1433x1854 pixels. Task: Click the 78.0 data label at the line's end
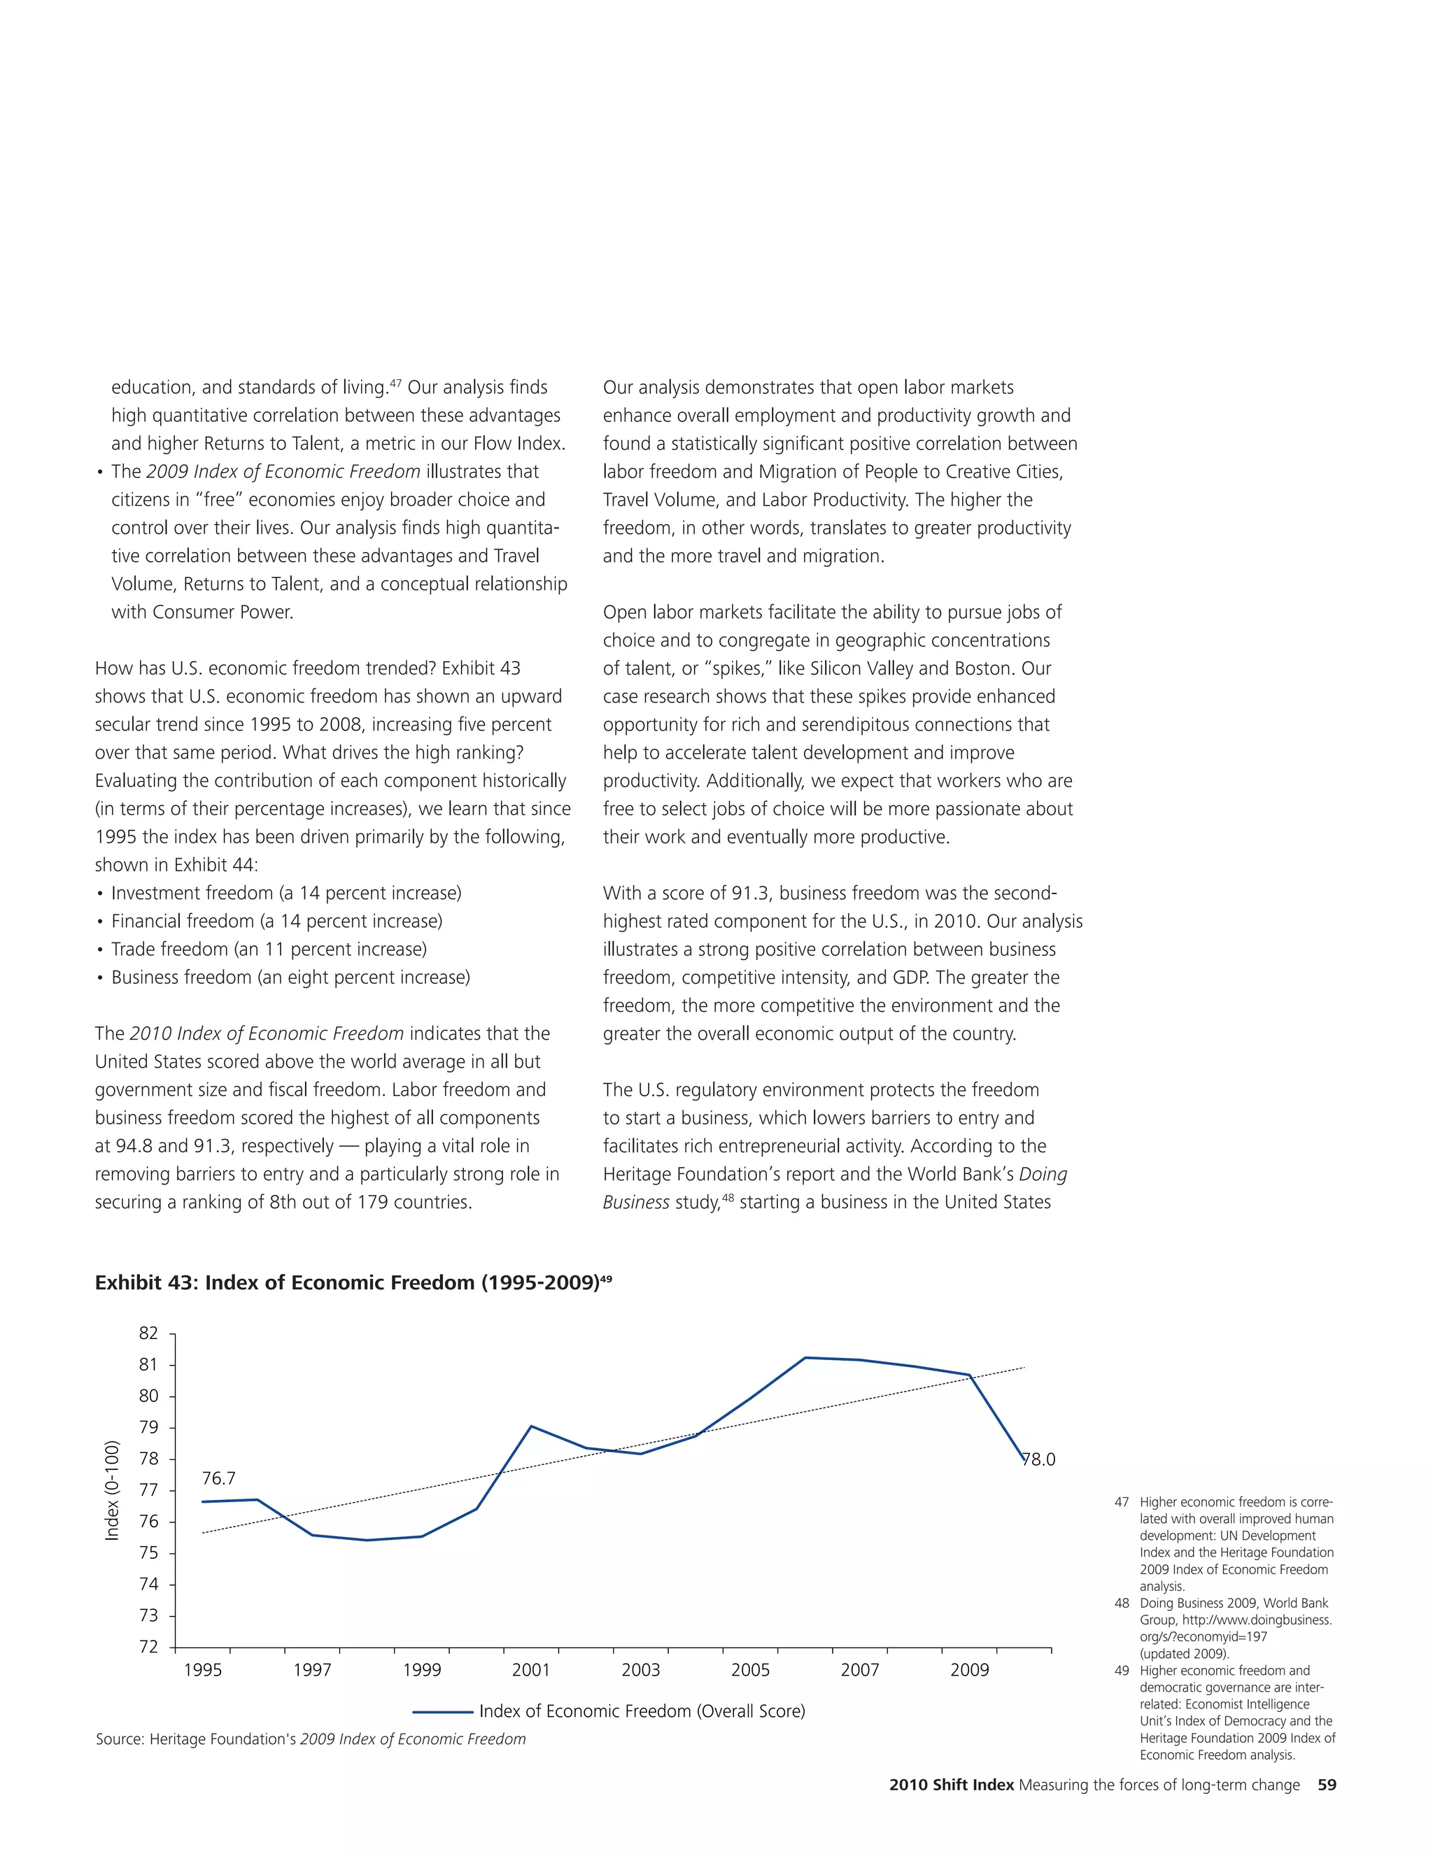[1038, 1459]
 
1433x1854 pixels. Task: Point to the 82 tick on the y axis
[148, 1333]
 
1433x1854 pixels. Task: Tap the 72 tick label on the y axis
[148, 1646]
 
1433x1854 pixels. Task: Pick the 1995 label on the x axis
[202, 1670]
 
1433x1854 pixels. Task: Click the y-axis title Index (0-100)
[111, 1491]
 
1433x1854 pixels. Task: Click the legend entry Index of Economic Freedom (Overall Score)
[642, 1711]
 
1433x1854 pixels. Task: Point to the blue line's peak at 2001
[532, 1426]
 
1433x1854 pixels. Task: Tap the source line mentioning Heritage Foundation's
[311, 1739]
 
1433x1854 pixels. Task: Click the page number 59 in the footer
[1327, 1785]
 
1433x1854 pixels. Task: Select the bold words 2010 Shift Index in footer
[951, 1785]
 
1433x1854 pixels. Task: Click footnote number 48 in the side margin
[1122, 1603]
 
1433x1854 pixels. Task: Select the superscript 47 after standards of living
[395, 383]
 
